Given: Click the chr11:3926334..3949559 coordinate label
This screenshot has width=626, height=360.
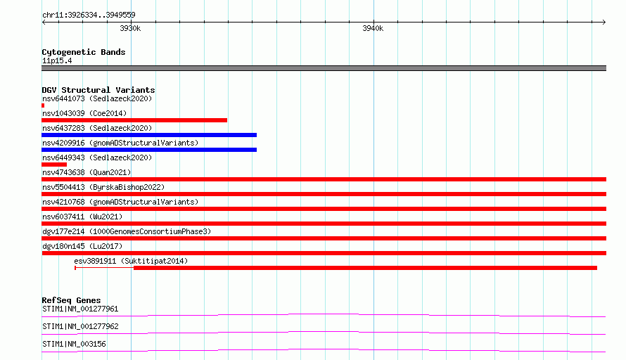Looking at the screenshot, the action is tap(89, 15).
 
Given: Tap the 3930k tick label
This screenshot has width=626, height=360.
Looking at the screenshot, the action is tap(130, 28).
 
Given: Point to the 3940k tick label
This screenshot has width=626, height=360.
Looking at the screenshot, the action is tap(373, 28).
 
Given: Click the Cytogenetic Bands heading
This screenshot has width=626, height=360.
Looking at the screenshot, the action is tap(84, 52).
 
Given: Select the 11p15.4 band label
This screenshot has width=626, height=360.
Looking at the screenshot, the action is tap(57, 60).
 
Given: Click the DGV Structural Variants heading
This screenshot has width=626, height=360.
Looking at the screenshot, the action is tap(98, 90).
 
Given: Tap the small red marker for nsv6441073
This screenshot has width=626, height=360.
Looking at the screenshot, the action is tap(43, 105).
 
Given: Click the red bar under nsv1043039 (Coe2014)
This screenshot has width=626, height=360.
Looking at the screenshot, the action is tap(134, 120).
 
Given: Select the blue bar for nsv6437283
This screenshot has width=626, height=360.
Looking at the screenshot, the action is tap(149, 135).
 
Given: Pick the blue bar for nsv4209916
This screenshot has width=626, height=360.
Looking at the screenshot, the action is tap(149, 150).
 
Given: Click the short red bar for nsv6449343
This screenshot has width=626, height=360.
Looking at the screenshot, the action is tap(54, 165).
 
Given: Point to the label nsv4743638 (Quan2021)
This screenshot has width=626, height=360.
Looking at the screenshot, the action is tap(87, 172).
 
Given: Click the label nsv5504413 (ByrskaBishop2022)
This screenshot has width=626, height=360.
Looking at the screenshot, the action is tap(103, 187).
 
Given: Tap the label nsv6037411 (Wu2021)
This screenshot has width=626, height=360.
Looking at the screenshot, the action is tap(82, 217).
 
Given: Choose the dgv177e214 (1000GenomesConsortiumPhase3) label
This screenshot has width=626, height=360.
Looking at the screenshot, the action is tap(127, 231).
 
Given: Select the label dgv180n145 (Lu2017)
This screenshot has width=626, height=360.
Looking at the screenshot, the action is tap(82, 246).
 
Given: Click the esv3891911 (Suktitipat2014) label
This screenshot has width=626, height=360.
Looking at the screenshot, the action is tap(131, 261).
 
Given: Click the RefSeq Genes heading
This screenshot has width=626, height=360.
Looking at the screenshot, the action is tap(72, 300).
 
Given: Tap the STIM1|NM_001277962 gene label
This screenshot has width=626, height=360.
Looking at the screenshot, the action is tap(80, 326).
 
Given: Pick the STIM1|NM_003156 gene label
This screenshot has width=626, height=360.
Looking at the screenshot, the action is tap(75, 344).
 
